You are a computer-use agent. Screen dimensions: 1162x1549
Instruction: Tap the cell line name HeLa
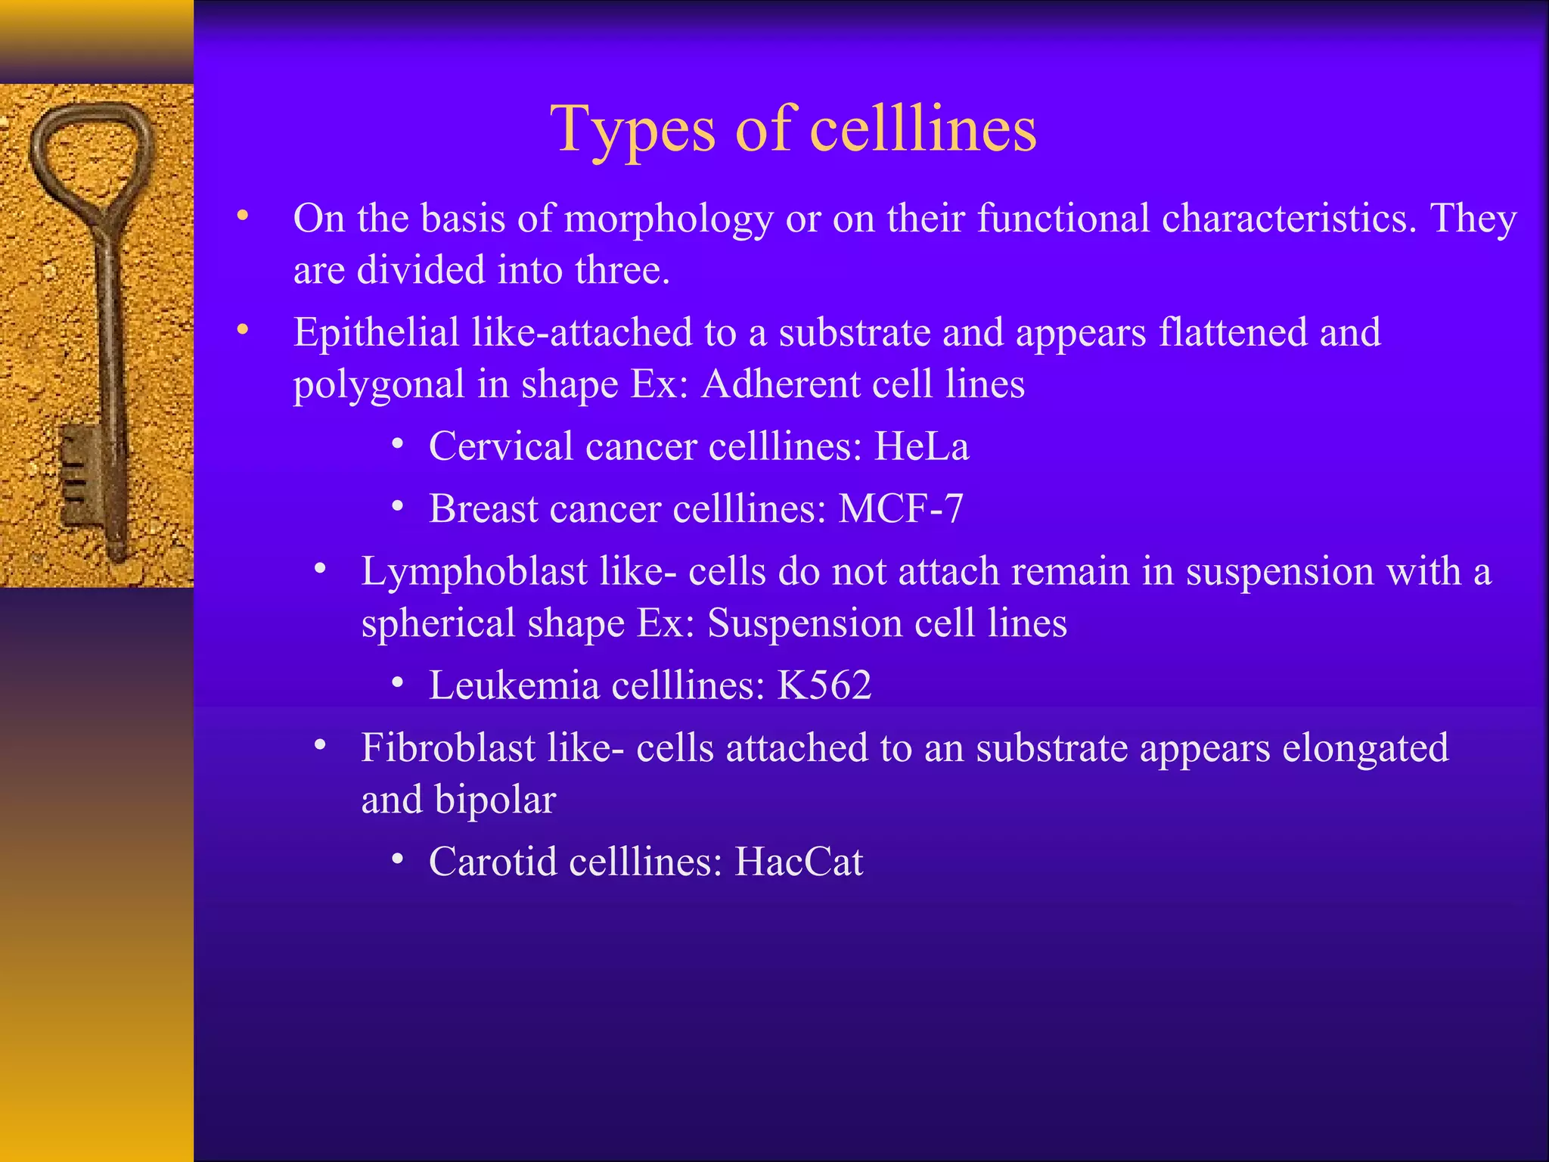tap(921, 446)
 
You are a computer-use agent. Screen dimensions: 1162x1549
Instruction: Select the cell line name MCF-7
tap(901, 508)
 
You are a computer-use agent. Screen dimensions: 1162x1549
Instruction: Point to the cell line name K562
tap(824, 685)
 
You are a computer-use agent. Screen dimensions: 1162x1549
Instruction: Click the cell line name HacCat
tap(799, 862)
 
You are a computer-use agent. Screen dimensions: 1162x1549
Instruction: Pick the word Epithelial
tap(376, 333)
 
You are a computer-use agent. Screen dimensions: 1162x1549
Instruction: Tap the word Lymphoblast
tap(474, 571)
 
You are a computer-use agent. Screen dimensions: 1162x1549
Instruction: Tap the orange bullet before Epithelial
tap(242, 330)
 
